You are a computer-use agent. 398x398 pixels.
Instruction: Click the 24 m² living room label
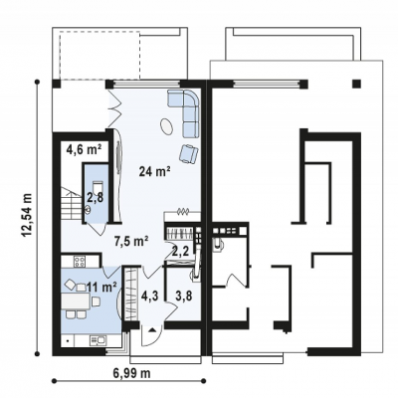pos(155,171)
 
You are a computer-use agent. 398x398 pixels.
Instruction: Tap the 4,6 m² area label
pos(84,149)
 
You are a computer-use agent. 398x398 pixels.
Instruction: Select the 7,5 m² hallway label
pos(131,241)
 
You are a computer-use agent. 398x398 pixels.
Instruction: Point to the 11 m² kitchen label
pos(101,286)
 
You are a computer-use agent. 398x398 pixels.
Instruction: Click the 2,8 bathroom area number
pos(96,198)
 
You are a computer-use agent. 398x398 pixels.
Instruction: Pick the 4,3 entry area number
pos(149,296)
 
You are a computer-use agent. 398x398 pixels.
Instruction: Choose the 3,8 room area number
pos(184,296)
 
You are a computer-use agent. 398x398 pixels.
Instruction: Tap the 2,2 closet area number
pos(181,251)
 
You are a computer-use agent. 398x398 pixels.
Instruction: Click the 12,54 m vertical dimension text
pos(28,216)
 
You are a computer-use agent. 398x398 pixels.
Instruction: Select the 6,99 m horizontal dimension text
pos(131,373)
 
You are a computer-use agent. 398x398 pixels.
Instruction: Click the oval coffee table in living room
pos(167,126)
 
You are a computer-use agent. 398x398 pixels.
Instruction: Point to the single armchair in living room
pos(188,154)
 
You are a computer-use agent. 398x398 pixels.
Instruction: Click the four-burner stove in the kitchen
pos(80,262)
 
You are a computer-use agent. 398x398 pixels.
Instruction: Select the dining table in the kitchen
pos(75,301)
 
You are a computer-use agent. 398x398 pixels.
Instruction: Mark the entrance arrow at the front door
pos(152,329)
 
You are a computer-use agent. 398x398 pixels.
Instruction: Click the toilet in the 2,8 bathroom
pos(97,185)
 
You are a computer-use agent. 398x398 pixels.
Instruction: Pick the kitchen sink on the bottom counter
pos(98,339)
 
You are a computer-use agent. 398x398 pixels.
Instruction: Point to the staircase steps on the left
pos(71,203)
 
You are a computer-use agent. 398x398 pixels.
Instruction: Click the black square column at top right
pos(356,84)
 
